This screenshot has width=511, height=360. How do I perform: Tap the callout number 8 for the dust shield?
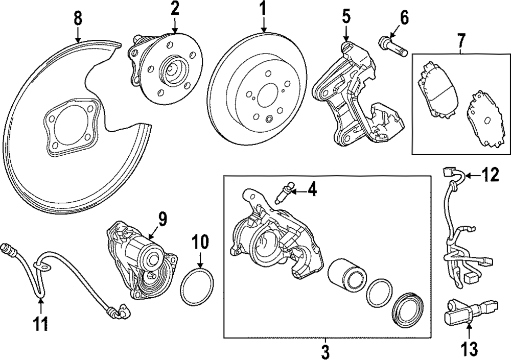coord(78,18)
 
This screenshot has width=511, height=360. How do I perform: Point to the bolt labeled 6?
coord(392,45)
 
